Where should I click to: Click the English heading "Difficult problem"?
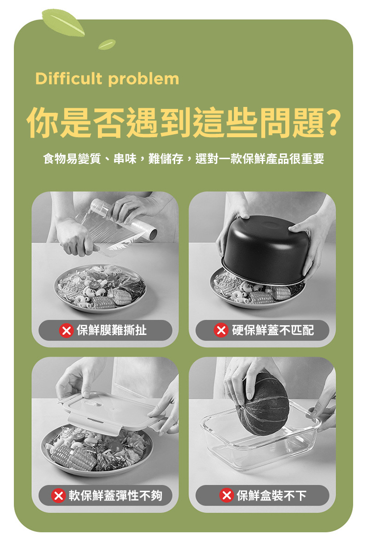107,79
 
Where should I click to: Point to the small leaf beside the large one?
107,44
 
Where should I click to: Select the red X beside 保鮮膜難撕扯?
66,331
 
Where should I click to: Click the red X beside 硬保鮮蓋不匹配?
221,331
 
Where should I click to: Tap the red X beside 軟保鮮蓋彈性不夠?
58,496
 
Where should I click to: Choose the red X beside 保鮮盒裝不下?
226,496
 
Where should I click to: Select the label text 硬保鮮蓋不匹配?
272,331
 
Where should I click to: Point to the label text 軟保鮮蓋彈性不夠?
115,496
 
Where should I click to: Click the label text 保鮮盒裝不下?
271,496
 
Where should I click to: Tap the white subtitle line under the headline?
183,159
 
